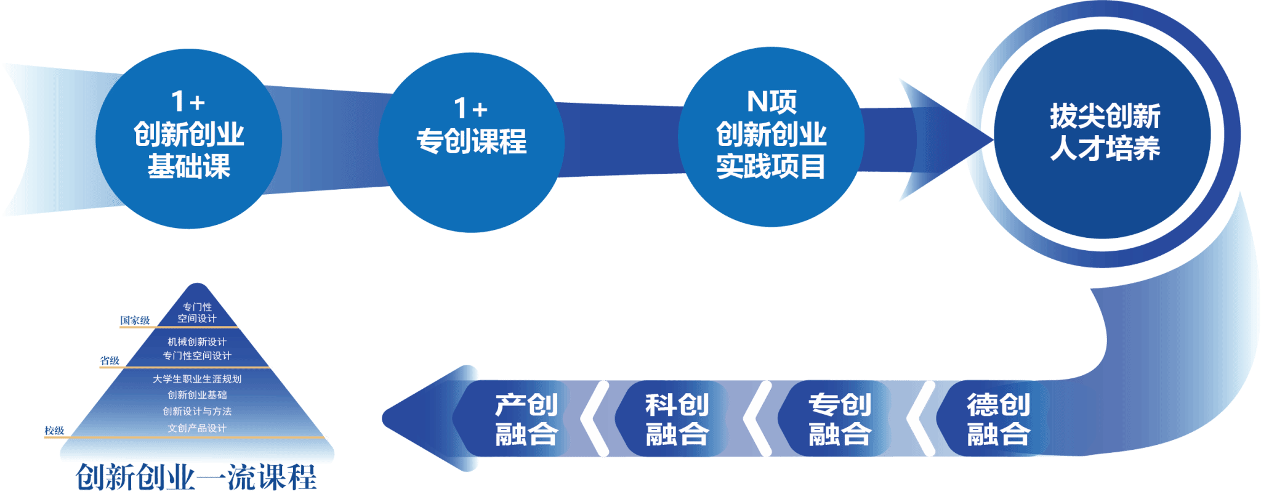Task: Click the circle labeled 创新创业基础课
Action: (188, 138)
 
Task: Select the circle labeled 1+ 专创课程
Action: (471, 142)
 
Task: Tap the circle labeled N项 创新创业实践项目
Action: (771, 137)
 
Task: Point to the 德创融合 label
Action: (998, 420)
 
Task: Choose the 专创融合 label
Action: (840, 420)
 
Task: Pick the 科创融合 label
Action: (677, 420)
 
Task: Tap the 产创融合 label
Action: (526, 420)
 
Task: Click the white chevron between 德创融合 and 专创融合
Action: (921, 419)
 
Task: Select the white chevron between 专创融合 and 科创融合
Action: (758, 419)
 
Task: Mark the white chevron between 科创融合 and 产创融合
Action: (595, 419)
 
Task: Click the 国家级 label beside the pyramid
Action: (135, 320)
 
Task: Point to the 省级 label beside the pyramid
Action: (110, 360)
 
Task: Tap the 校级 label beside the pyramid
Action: (54, 431)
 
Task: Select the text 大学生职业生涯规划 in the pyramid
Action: (197, 379)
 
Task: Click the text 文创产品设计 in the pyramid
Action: (197, 428)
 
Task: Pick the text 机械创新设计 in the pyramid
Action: (197, 342)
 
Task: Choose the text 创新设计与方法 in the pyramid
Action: (197, 412)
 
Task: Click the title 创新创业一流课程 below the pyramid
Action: (196, 478)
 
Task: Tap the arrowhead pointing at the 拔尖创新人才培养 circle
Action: (942, 139)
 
